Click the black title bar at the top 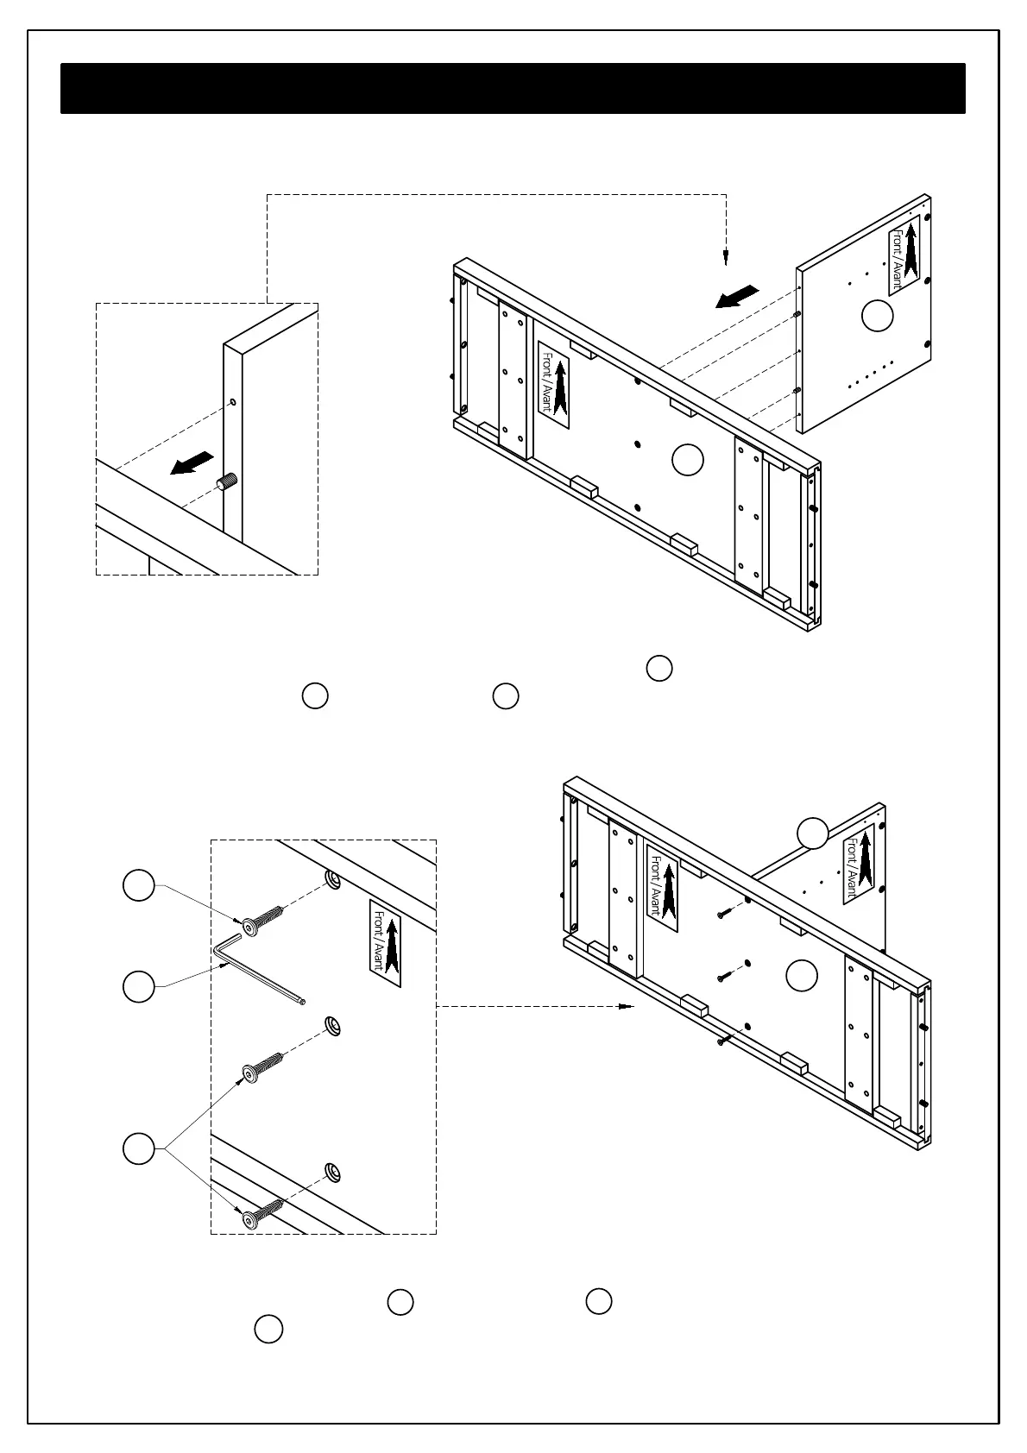coord(513,88)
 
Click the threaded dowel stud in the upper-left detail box coord(228,482)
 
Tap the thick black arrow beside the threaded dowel coord(192,463)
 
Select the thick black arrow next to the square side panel coord(737,297)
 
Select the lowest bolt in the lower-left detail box coord(262,1211)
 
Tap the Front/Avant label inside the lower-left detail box coord(385,943)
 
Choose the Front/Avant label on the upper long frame coord(554,384)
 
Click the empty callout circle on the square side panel coord(878,315)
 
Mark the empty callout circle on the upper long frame coord(688,460)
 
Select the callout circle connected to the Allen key coord(139,986)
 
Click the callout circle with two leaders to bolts coord(139,1148)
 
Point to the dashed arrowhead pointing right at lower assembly coord(627,1006)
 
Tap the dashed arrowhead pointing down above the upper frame coord(726,257)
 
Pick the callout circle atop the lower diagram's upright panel coord(812,832)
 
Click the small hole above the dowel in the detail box coord(232,403)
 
